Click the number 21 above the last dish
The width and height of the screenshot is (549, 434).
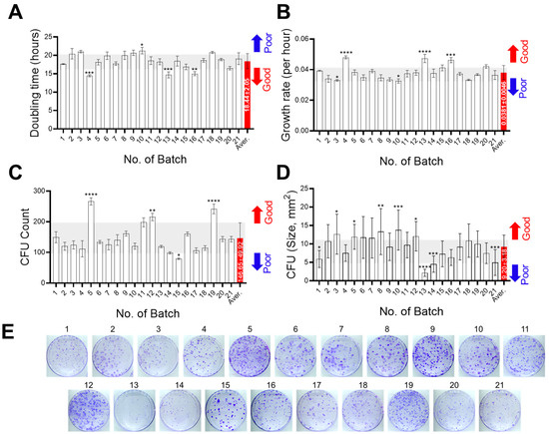(x=499, y=379)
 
